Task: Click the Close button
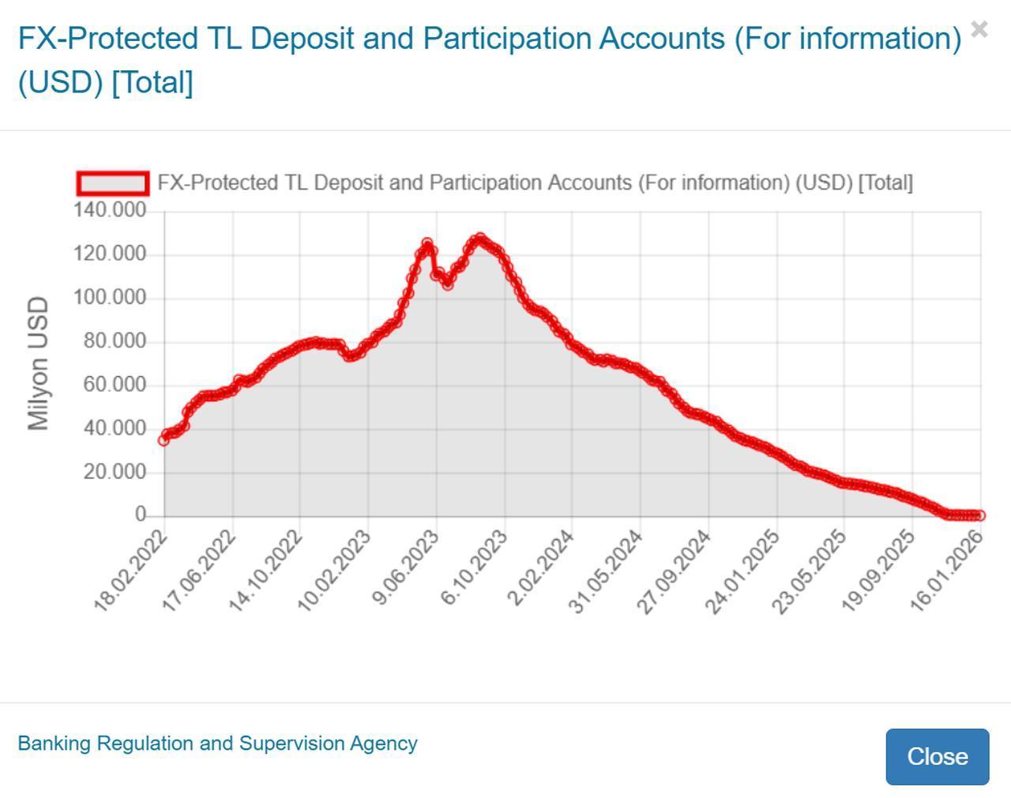[937, 756]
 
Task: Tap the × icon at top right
[979, 30]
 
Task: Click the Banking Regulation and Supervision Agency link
[217, 743]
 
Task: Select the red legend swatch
[112, 183]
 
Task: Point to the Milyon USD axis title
[38, 363]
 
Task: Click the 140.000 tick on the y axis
[110, 210]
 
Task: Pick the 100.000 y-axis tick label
[110, 297]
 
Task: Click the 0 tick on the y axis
[141, 514]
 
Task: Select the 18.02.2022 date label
[131, 570]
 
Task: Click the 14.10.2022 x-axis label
[266, 570]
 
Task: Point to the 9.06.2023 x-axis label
[405, 568]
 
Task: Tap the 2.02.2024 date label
[541, 568]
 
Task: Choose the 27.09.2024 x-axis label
[675, 570]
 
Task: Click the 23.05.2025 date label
[810, 570]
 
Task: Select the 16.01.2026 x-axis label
[947, 570]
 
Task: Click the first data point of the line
[164, 440]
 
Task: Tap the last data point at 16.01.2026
[980, 515]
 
